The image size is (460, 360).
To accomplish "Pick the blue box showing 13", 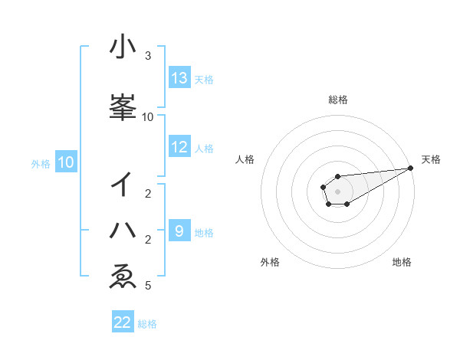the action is click(179, 78).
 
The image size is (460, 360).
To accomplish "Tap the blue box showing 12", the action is click(179, 147).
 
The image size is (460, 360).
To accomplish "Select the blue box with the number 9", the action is click(179, 231).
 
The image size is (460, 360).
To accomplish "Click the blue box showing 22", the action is click(123, 322).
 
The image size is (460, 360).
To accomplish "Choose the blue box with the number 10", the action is click(66, 162).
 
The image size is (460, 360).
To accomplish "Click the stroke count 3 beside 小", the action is click(148, 56).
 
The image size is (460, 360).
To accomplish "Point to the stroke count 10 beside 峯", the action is click(148, 117).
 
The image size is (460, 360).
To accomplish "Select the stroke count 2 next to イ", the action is click(148, 194).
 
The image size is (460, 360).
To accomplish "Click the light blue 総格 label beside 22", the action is click(147, 324).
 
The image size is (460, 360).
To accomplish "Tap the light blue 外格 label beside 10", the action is click(41, 163).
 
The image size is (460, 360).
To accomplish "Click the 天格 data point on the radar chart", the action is click(411, 168).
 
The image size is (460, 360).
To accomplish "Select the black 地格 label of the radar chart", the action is click(402, 263).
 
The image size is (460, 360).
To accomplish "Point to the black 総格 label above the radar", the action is click(337, 100).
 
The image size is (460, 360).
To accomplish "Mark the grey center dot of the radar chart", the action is click(337, 191).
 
